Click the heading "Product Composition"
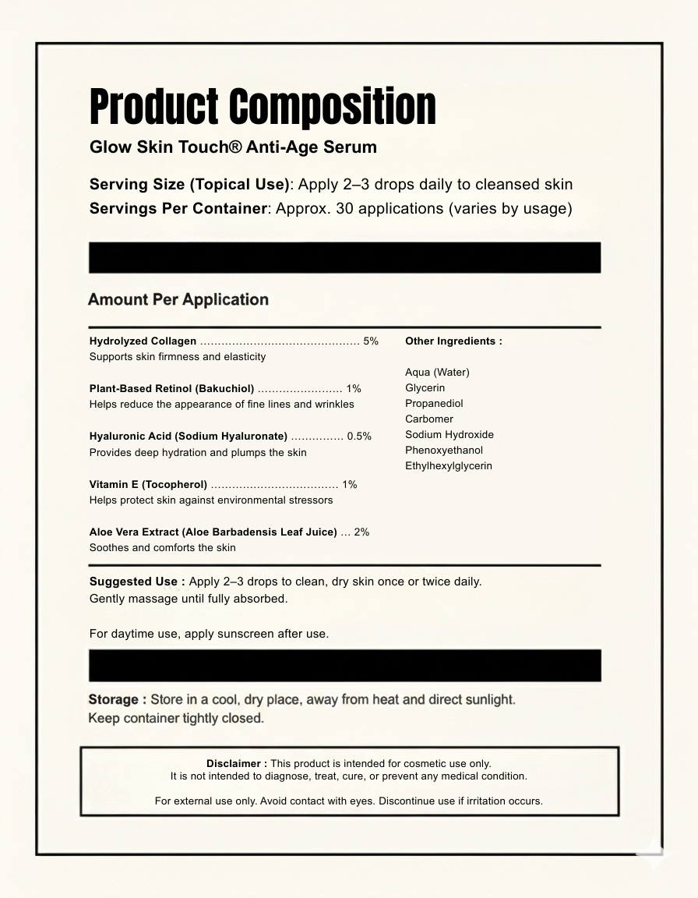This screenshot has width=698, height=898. pyautogui.click(x=263, y=107)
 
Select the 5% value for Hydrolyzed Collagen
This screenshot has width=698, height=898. pyautogui.click(x=371, y=341)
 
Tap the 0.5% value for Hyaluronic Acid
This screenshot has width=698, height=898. pyautogui.click(x=359, y=437)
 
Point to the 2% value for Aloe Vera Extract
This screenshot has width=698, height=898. pyautogui.click(x=361, y=532)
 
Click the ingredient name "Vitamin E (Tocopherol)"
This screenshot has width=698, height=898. pyautogui.click(x=148, y=485)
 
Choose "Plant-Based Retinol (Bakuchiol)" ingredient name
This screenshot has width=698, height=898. pyautogui.click(x=171, y=389)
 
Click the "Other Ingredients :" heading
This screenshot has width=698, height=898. pyautogui.click(x=453, y=341)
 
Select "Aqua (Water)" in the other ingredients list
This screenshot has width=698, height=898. pyautogui.click(x=437, y=373)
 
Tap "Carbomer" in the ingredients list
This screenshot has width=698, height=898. pyautogui.click(x=429, y=419)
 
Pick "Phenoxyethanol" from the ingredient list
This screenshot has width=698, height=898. pyautogui.click(x=444, y=451)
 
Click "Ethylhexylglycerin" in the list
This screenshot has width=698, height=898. pyautogui.click(x=449, y=466)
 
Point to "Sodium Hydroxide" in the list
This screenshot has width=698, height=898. pyautogui.click(x=449, y=435)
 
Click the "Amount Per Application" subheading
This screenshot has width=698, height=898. pyautogui.click(x=178, y=300)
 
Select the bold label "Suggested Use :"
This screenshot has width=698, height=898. pyautogui.click(x=137, y=582)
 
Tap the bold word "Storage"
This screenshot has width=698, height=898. pyautogui.click(x=114, y=700)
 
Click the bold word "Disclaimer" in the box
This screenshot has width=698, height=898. pyautogui.click(x=234, y=764)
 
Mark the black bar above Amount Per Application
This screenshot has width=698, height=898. pyautogui.click(x=344, y=257)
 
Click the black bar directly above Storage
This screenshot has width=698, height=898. pyautogui.click(x=344, y=666)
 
